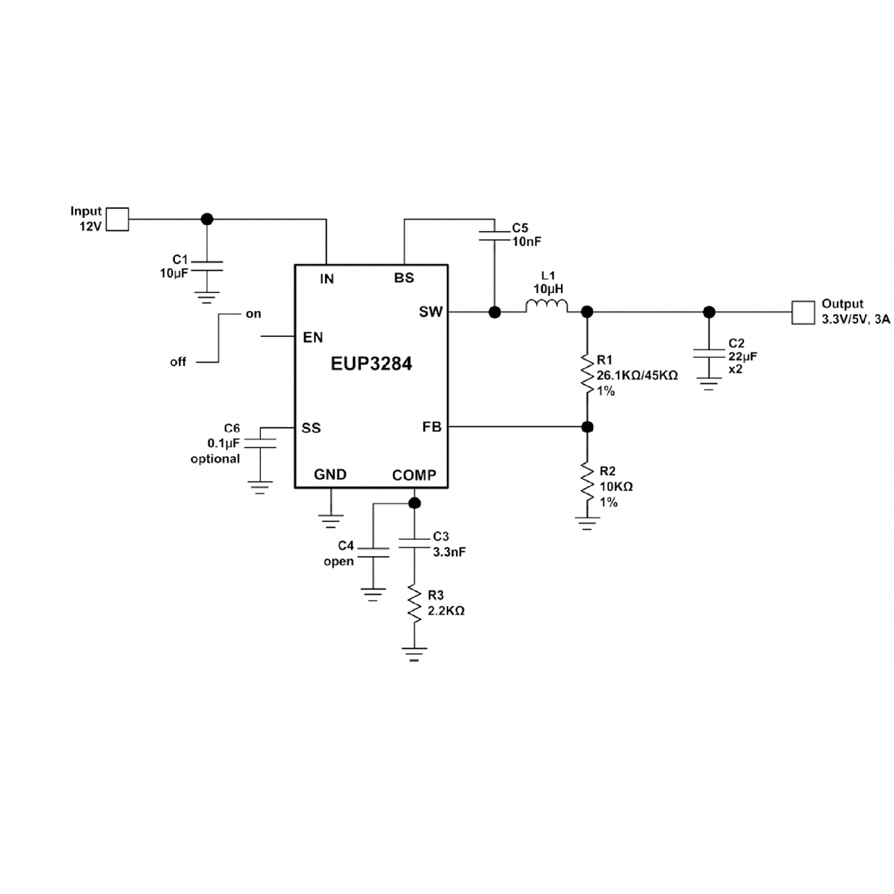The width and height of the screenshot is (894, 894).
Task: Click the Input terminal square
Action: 117,219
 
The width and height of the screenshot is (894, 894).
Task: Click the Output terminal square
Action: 803,312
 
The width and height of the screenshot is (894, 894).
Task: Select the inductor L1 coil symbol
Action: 547,306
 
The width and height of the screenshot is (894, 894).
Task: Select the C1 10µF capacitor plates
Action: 207,266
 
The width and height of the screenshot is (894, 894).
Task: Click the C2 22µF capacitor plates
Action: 709,353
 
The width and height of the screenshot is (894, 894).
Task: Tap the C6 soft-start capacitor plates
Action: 260,443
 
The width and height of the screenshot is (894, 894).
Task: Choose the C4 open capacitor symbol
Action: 372,552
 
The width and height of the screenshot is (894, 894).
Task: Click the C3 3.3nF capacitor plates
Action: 414,543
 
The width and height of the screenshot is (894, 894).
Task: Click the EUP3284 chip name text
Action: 371,364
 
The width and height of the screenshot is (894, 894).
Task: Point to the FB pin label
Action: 432,427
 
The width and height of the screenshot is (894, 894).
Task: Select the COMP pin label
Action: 414,475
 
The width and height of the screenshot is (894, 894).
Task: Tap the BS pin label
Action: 404,278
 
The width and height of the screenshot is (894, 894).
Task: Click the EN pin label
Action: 312,338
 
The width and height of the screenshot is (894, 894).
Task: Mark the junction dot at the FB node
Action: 587,427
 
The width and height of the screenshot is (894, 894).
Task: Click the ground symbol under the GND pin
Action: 331,521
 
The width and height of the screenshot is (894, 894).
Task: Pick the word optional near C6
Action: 215,459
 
